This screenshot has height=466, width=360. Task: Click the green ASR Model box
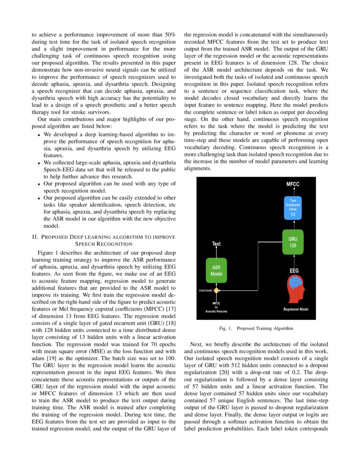tap(216, 271)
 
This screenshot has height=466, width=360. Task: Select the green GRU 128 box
tap(293, 242)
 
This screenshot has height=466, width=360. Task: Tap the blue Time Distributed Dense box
tap(293, 208)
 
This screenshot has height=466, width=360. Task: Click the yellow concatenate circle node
tap(216, 291)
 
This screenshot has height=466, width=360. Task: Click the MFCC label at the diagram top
tap(293, 184)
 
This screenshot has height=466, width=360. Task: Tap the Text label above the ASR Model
tap(216, 244)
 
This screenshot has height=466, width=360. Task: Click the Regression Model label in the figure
tap(296, 309)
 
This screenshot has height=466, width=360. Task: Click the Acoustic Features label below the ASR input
tap(216, 311)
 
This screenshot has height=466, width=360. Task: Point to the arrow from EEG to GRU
tap(293, 261)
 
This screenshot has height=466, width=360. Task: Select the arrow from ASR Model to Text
tap(216, 253)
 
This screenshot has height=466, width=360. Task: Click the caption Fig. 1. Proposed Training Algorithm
tap(256, 328)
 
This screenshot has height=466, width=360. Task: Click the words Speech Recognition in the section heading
tap(104, 244)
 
